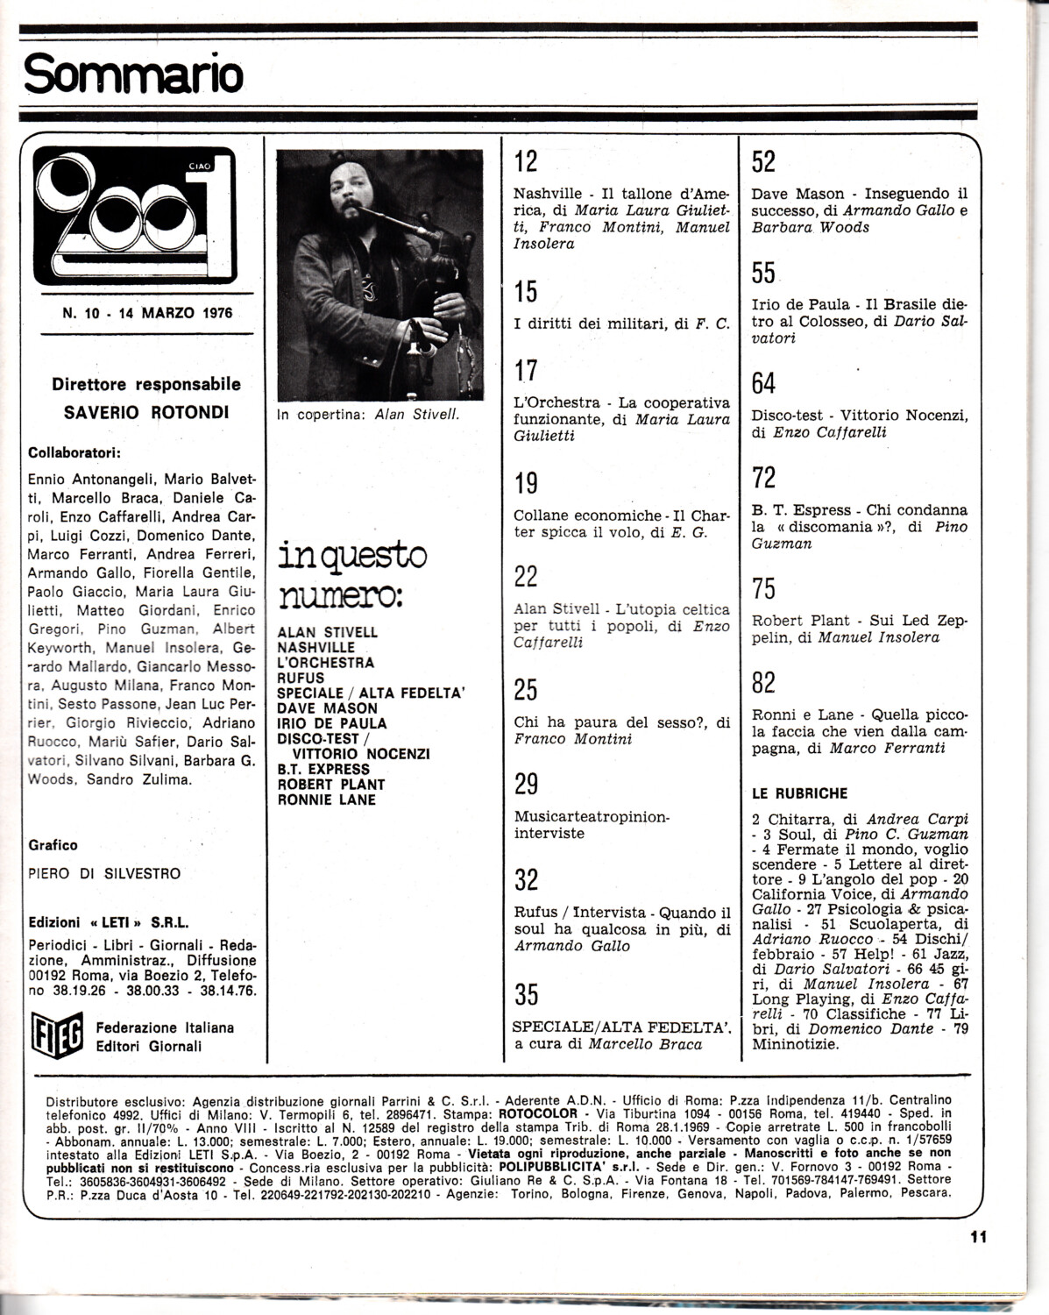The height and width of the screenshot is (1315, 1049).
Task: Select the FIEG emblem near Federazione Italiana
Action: tap(56, 1035)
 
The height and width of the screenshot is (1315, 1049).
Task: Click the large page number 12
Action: tap(526, 162)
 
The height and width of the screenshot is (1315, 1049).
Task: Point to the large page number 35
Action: tap(527, 994)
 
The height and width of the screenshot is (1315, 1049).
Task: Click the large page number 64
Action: tap(764, 383)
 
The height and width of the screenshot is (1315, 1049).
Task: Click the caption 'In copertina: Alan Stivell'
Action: tap(367, 415)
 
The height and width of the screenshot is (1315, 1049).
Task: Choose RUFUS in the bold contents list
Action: tap(301, 678)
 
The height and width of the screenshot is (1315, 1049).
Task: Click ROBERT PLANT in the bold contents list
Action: tap(331, 784)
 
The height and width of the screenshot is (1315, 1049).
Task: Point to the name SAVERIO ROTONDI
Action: tap(146, 411)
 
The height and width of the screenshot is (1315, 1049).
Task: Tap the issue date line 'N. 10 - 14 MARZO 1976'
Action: tap(147, 311)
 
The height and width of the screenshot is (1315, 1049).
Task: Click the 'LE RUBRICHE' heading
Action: tap(800, 793)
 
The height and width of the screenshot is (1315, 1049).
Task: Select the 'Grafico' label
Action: tap(53, 845)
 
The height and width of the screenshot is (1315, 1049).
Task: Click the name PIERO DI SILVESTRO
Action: tap(104, 873)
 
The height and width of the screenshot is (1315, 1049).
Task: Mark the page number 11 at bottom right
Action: tap(979, 1237)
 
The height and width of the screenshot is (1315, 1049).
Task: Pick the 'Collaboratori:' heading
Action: tap(74, 453)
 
